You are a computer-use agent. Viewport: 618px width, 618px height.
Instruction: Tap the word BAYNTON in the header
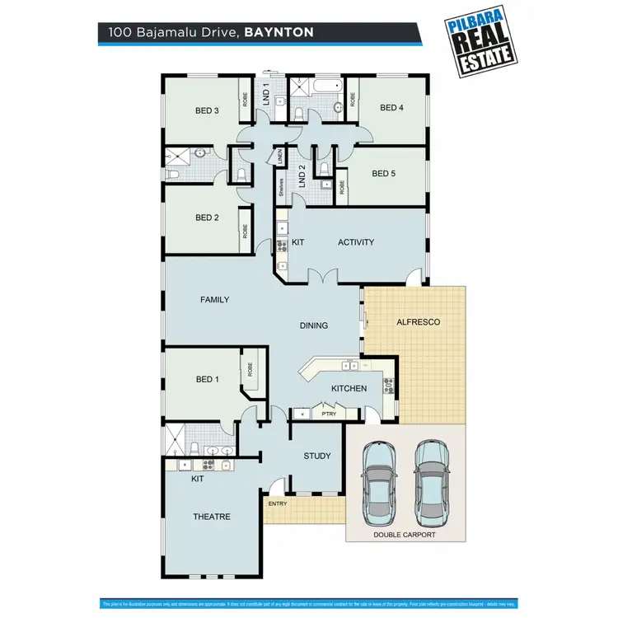pos(279,34)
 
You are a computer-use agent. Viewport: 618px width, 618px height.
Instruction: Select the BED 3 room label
pos(207,110)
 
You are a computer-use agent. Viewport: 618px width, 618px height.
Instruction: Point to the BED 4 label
pos(392,107)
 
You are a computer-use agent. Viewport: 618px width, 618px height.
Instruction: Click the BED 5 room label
pos(384,174)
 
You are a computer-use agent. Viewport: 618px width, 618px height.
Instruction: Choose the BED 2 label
pos(207,218)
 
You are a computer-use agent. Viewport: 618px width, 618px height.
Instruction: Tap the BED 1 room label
pos(208,380)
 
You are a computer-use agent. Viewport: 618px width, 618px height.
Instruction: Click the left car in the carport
pos(381,485)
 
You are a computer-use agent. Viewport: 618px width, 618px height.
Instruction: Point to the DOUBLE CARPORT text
pos(405,535)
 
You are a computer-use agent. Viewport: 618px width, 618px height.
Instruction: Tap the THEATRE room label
pos(212,517)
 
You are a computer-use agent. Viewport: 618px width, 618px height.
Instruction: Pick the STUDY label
pos(317,456)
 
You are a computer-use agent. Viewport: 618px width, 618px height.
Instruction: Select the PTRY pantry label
pos(329,414)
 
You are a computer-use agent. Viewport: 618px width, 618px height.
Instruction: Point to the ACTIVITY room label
pos(356,242)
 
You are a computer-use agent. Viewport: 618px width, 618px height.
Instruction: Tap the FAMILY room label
pos(215,300)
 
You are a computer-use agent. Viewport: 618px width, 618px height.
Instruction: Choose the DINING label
pos(314,325)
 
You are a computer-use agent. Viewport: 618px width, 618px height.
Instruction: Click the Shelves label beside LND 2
pos(281,188)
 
